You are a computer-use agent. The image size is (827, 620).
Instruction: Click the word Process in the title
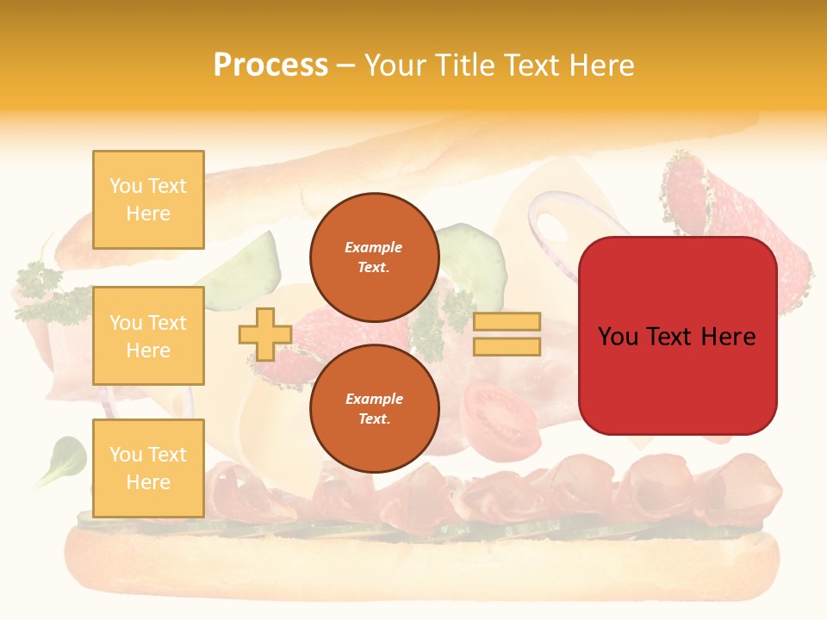270,65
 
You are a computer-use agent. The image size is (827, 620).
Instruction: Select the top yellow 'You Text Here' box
148,200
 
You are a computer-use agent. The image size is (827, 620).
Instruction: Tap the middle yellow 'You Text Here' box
148,336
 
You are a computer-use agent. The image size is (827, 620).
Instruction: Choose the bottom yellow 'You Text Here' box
148,468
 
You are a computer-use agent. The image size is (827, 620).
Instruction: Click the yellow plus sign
264,334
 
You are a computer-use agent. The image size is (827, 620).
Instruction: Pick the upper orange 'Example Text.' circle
374,257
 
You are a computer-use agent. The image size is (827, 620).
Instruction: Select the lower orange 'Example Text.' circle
374,409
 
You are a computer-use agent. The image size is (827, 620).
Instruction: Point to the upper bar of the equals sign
507,322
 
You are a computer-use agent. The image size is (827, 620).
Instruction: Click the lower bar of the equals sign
507,347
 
